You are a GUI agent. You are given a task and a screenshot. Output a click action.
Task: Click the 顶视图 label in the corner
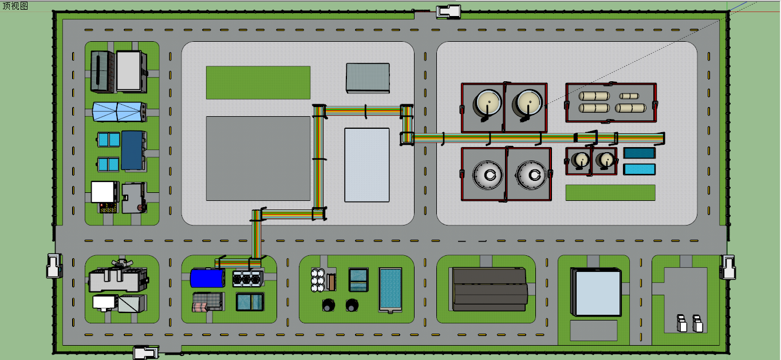tap(15, 6)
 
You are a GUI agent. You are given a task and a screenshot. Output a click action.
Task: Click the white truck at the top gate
tap(448, 11)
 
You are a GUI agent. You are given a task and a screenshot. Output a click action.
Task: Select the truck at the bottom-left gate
tap(145, 353)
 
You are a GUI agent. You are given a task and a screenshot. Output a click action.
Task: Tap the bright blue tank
tap(207, 278)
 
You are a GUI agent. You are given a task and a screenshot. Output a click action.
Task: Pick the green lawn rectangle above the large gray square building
tap(258, 82)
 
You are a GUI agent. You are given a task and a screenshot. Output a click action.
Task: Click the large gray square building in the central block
tap(258, 159)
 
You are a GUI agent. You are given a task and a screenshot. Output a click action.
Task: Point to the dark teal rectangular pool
tap(638, 153)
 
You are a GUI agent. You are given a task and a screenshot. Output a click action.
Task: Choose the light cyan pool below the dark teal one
tap(638, 169)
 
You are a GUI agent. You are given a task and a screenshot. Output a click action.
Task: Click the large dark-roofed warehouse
tap(490, 289)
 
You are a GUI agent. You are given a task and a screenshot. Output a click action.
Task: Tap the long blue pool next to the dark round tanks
tap(391, 290)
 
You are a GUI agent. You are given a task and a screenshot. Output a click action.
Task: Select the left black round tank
tap(328, 305)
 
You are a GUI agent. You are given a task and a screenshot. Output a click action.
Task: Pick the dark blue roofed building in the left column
tap(133, 150)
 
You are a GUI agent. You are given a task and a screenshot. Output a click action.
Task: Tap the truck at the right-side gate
tap(728, 267)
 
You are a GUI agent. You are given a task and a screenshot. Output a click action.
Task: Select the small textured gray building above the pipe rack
tap(368, 78)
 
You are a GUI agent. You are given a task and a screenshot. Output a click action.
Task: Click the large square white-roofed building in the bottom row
tap(597, 292)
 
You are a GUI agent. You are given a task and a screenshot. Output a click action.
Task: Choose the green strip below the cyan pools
tap(610, 192)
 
